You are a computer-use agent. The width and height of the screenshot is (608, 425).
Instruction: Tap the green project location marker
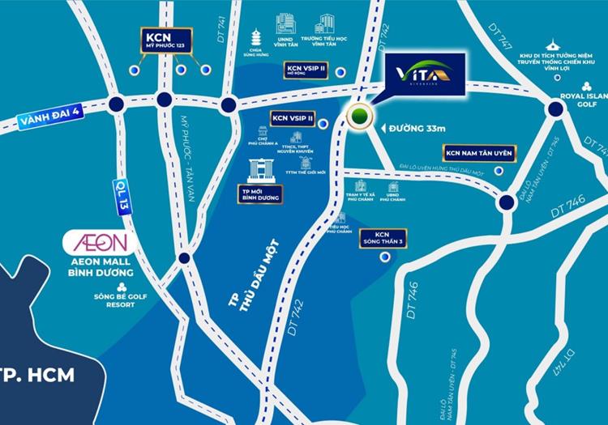(x=358, y=118)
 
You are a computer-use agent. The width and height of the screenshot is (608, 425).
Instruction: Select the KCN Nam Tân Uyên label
(x=477, y=154)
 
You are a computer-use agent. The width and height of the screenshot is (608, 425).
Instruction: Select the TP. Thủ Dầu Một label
(x=244, y=276)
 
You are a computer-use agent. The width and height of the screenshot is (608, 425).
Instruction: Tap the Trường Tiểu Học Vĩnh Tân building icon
(x=327, y=24)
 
